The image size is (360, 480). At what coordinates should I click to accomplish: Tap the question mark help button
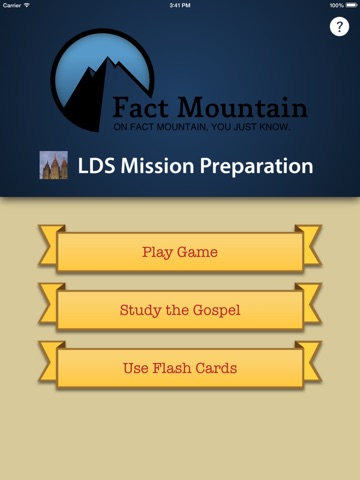tap(339, 27)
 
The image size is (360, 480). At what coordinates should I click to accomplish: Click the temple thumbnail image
tap(54, 165)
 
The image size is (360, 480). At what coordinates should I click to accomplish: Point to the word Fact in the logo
tap(140, 107)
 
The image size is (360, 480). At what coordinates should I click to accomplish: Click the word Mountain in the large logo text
tap(242, 107)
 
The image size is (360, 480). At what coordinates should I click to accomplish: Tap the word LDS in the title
tap(96, 166)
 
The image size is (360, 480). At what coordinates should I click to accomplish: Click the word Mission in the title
tap(157, 166)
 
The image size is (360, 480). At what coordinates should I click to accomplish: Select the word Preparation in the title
tap(257, 166)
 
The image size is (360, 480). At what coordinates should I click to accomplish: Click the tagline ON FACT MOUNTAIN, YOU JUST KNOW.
tap(202, 127)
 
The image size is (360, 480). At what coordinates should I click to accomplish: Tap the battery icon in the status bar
tap(351, 5)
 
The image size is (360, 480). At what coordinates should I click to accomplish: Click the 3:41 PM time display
tap(180, 5)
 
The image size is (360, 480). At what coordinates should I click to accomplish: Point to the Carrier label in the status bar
tap(12, 5)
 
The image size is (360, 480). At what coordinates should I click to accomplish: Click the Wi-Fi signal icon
tap(26, 5)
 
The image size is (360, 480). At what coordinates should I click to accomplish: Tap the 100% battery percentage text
tap(337, 5)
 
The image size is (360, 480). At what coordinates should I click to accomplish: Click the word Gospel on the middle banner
tap(217, 311)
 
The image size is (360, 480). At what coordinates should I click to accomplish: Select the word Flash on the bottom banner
tap(172, 368)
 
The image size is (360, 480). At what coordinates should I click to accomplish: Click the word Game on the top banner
tap(197, 252)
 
